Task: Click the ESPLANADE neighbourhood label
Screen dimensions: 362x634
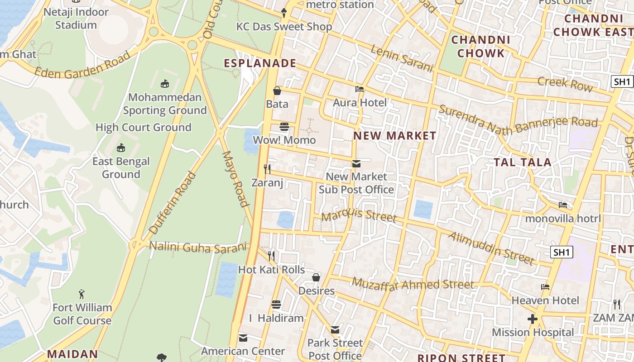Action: [260, 63]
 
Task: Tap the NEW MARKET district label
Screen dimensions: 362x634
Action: [394, 136]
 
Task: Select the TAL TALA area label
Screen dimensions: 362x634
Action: [522, 162]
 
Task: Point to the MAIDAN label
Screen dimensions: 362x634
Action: [72, 354]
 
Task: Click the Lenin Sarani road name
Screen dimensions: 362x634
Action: [402, 59]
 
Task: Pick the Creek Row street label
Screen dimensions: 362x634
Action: [565, 84]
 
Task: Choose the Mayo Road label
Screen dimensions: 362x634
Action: [236, 179]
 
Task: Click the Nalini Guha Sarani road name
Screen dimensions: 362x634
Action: [199, 247]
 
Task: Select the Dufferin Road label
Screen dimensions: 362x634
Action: [173, 202]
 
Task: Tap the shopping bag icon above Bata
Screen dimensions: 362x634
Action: [277, 91]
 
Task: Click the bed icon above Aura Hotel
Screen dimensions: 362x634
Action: [360, 89]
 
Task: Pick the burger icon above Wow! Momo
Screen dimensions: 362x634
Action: [284, 126]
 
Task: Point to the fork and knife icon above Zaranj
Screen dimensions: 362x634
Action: [267, 169]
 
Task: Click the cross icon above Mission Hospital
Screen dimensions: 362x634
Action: [533, 319]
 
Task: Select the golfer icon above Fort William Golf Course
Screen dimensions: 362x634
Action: [82, 294]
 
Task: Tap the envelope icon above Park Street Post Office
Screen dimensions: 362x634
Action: [335, 330]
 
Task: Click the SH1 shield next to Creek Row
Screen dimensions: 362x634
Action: [622, 82]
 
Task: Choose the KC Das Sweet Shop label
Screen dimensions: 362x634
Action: [284, 27]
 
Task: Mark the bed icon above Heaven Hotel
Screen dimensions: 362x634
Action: [545, 287]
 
